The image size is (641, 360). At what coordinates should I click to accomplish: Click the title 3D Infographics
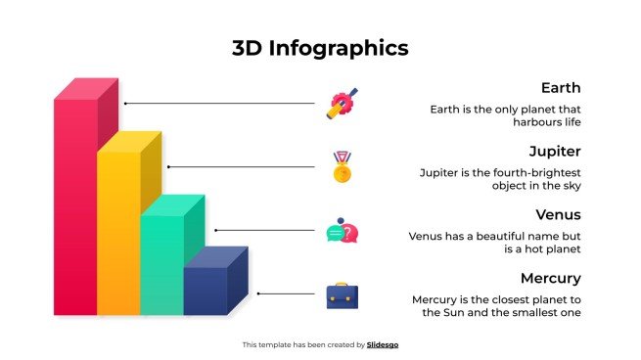320,47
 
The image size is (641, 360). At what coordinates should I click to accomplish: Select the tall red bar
74,205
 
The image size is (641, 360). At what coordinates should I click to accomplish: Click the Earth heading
561,88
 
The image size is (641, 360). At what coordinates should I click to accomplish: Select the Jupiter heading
555,152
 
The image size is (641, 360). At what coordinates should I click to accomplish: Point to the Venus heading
559,214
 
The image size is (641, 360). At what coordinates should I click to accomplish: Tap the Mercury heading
551,278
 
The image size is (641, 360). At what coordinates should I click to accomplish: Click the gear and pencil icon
342,104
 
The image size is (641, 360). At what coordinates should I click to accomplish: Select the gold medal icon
342,167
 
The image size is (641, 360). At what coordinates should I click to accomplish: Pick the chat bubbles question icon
342,232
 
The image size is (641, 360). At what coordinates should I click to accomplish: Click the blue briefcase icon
342,294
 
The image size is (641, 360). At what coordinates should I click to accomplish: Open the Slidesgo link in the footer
383,344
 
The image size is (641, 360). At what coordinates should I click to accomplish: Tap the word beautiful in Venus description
503,236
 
